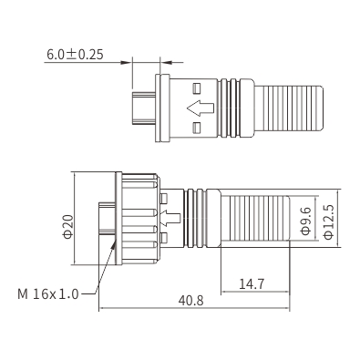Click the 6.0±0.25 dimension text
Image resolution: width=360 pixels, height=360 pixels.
[x=75, y=55]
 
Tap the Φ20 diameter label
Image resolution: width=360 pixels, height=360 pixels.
[x=67, y=227]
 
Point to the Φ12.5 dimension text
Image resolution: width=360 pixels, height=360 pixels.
[x=328, y=222]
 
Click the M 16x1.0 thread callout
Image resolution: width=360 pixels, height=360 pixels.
[x=48, y=294]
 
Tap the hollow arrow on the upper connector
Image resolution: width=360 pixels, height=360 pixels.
[x=201, y=108]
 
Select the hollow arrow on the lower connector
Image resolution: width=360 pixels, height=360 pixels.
[x=170, y=218]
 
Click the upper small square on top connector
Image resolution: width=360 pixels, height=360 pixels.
[x=197, y=88]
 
